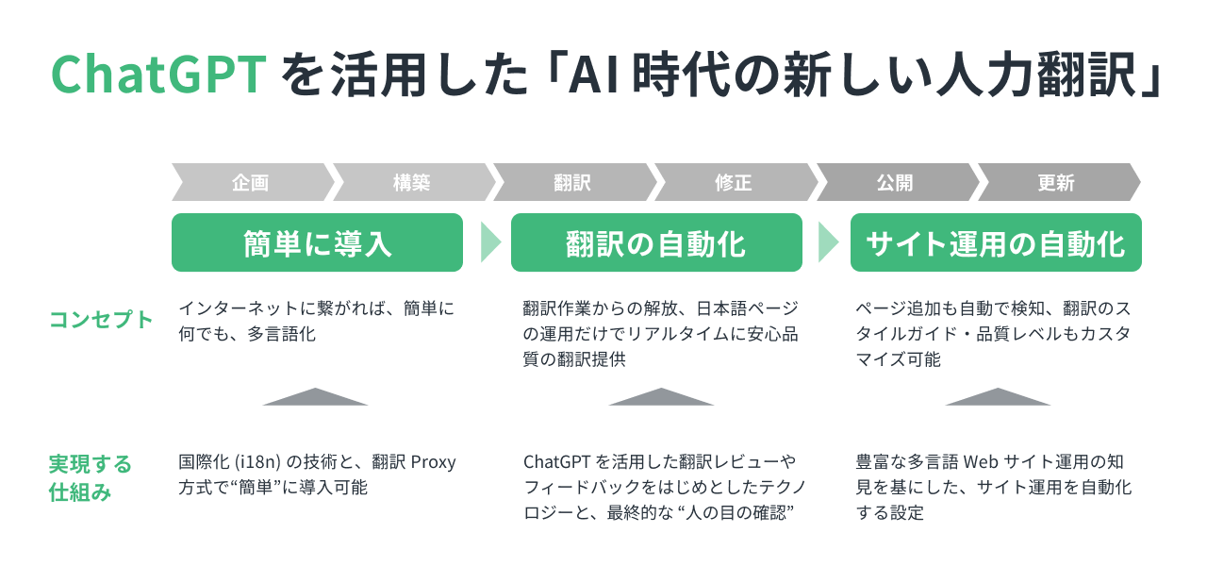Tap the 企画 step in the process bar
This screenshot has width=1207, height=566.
click(250, 183)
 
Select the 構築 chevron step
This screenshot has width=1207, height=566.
click(412, 183)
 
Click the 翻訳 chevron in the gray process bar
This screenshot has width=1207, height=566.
click(572, 183)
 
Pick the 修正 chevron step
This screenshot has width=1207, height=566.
click(734, 183)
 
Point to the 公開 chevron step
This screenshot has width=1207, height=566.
click(894, 183)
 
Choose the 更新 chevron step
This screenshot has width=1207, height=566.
click(1056, 183)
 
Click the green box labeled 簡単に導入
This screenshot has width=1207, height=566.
click(317, 243)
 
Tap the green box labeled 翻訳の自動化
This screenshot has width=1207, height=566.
click(656, 243)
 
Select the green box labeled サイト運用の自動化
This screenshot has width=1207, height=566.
click(996, 243)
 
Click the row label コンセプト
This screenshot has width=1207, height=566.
click(101, 320)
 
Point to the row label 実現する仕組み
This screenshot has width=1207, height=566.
click(91, 478)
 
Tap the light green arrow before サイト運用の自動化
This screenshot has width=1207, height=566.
click(828, 242)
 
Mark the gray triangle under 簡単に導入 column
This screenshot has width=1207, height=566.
click(315, 397)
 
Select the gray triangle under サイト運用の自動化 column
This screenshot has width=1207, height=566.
click(998, 397)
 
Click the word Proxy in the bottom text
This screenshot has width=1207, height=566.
click(433, 462)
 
